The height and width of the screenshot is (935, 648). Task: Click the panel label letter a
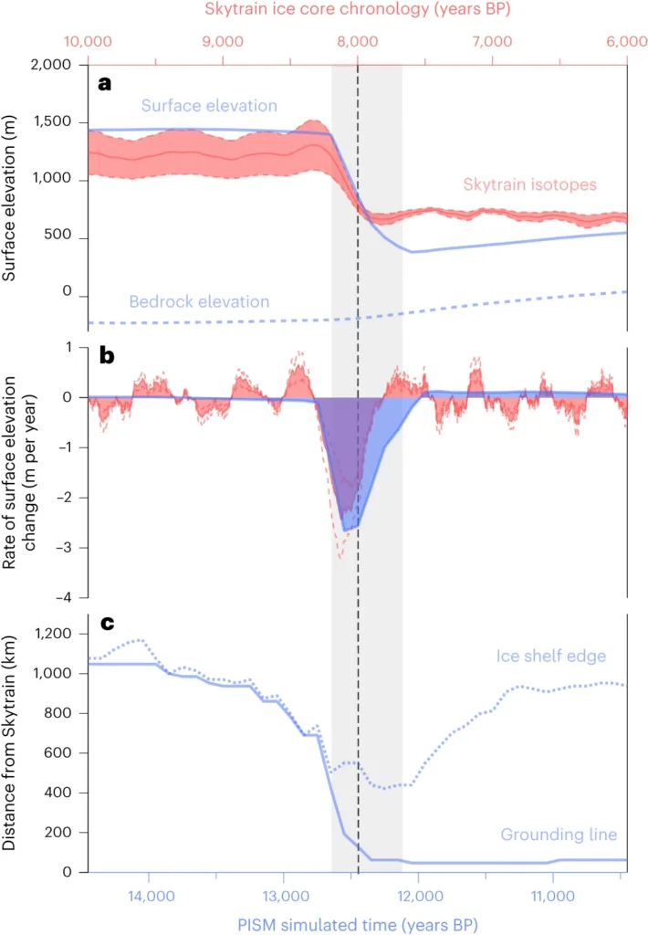105,83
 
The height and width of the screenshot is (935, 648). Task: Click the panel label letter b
106,358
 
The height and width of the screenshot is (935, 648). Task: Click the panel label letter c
105,625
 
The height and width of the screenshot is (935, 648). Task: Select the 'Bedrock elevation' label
199,300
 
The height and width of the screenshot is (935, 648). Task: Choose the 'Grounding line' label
558,834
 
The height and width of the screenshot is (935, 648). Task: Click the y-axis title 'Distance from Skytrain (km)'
13,744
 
